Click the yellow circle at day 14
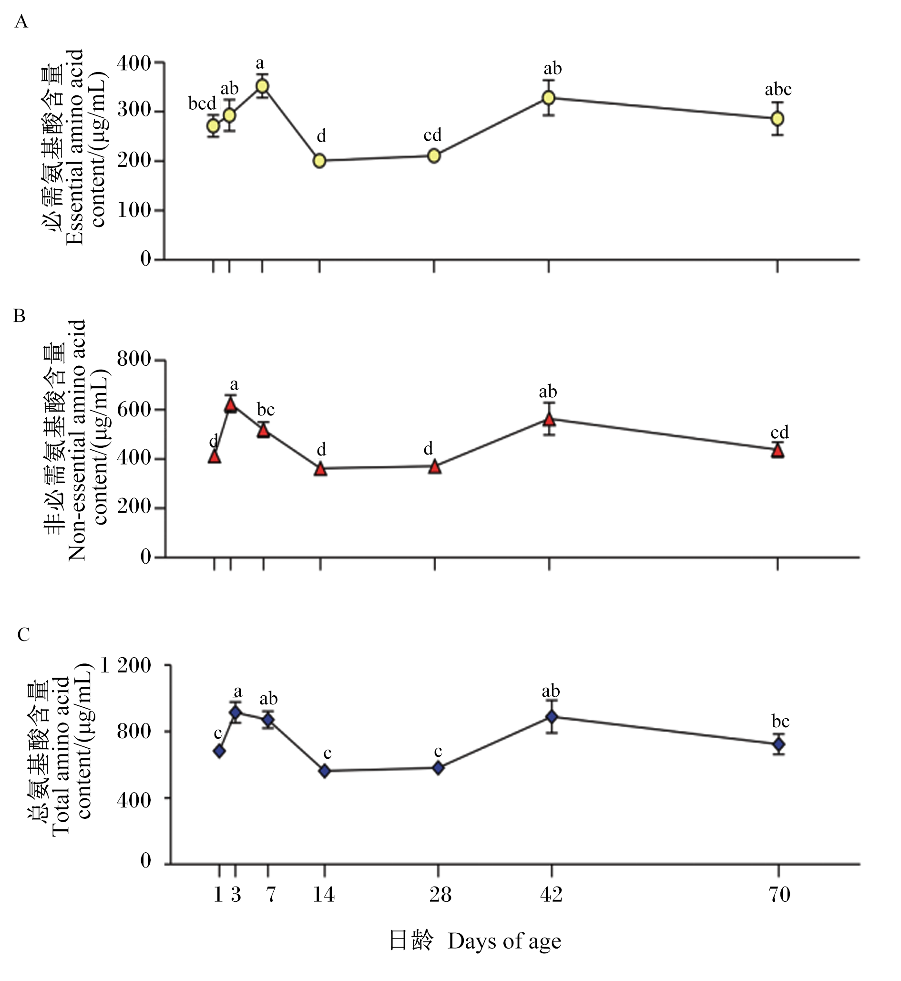tap(319, 161)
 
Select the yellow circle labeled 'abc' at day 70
tap(778, 119)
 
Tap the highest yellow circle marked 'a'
tap(262, 86)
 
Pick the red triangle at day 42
tap(550, 420)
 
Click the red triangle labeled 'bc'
tap(264, 430)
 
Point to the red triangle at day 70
tap(778, 450)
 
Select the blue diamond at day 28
tap(438, 768)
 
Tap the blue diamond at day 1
tap(219, 751)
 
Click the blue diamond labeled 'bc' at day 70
tap(779, 744)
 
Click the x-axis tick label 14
tap(324, 894)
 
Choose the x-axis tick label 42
tap(552, 894)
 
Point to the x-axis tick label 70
tap(779, 894)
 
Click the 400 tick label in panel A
tap(133, 63)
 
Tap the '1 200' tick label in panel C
tap(125, 665)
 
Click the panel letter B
tap(20, 316)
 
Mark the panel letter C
tap(23, 634)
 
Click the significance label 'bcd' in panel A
tap(202, 103)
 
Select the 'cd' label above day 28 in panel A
tap(432, 134)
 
